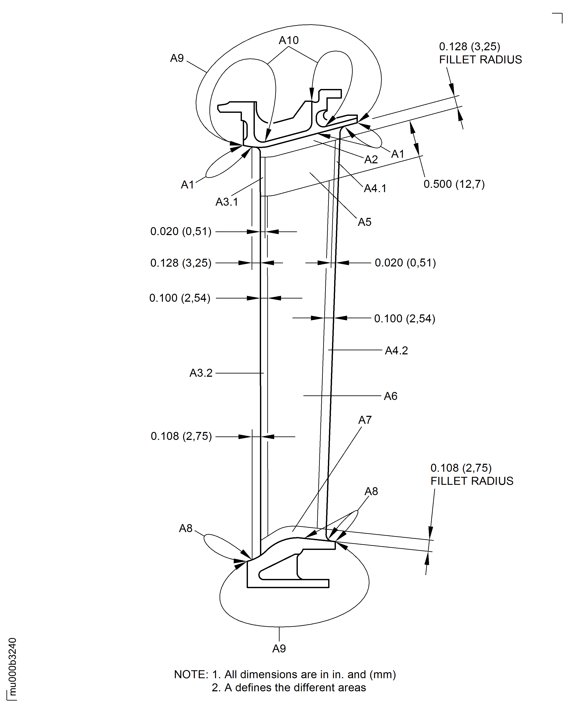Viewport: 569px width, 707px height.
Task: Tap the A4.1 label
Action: [375, 188]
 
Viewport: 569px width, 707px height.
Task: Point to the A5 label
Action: [364, 222]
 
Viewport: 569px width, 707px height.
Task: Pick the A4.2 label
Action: [396, 350]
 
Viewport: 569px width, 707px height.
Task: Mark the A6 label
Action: [391, 396]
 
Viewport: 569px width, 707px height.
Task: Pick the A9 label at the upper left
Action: [177, 58]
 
